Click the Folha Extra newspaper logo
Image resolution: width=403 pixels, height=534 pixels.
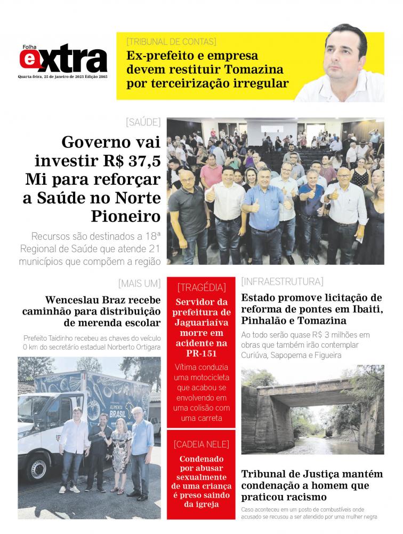(63, 59)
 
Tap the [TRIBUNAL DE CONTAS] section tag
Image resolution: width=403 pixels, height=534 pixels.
(171, 42)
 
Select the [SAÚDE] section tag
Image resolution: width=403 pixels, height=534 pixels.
(143, 122)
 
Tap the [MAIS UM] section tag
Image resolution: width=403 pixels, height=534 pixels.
(139, 283)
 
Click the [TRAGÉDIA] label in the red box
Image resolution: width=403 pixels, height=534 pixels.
(201, 287)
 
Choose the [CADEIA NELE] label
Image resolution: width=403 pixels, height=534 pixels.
(201, 444)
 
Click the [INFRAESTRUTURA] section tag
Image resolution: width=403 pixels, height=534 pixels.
(282, 281)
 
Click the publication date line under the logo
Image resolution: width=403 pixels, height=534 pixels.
(63, 76)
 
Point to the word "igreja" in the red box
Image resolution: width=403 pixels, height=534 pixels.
(201, 504)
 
